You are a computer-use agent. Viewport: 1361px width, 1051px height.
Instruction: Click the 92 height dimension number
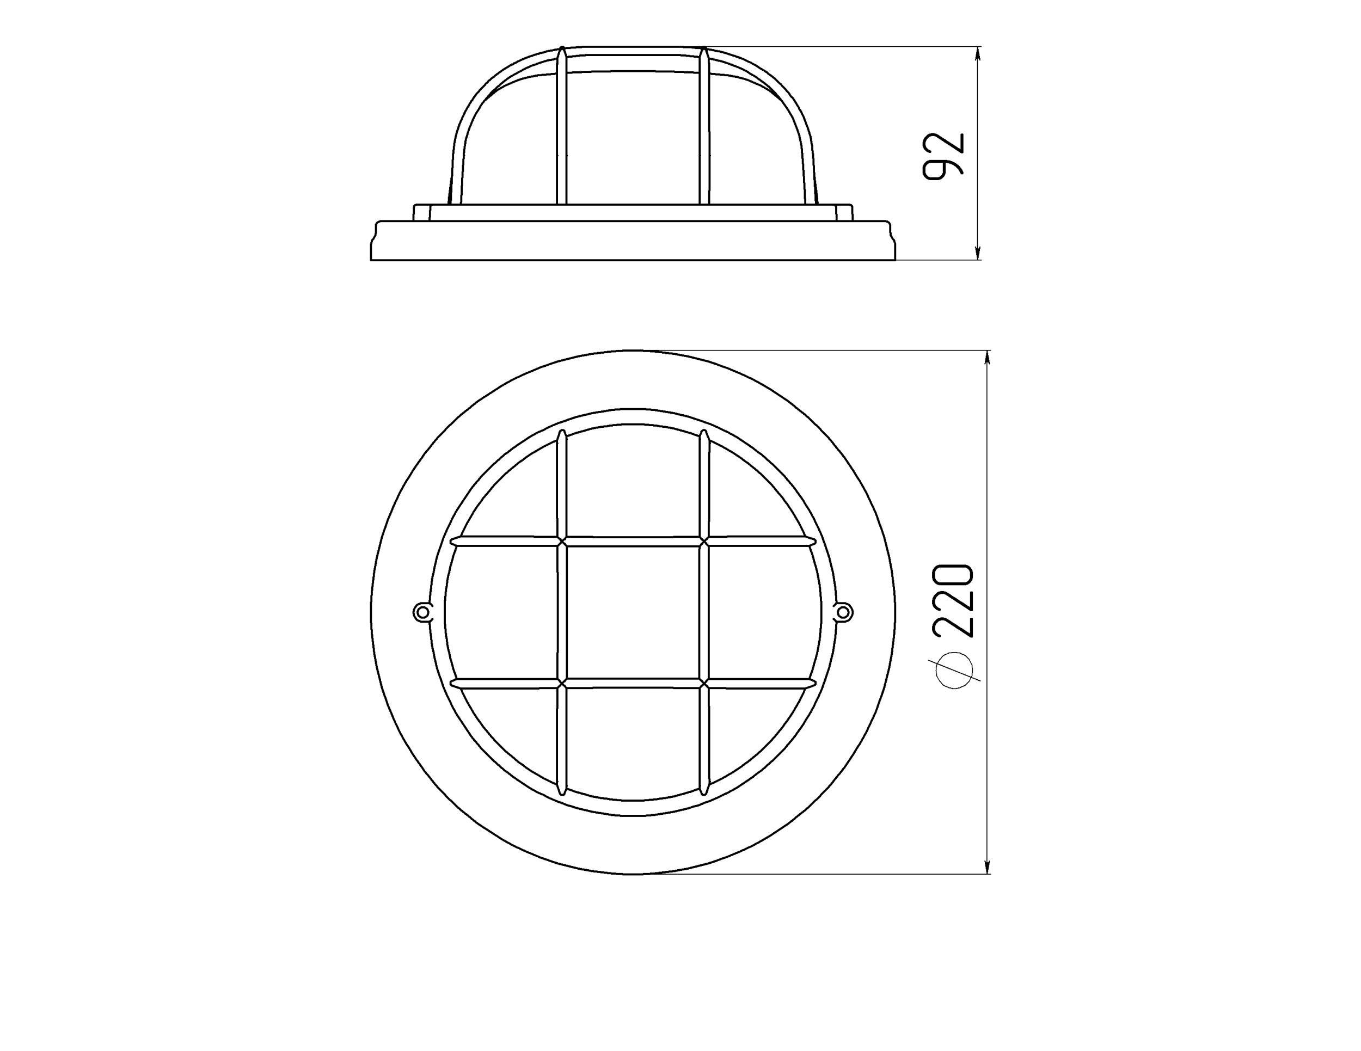click(943, 156)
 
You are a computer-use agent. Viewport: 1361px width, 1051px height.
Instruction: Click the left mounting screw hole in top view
click(422, 612)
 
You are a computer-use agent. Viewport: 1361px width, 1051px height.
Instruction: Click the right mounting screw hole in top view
click(844, 612)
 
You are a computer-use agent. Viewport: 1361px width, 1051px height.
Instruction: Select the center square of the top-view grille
click(633, 612)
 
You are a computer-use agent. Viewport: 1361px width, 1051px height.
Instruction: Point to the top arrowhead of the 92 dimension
click(977, 56)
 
